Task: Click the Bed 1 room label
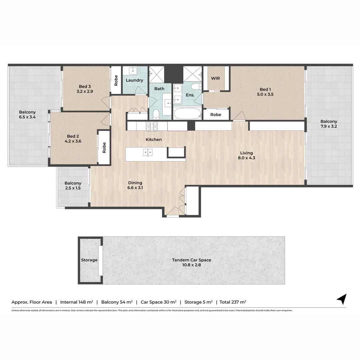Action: pos(265,89)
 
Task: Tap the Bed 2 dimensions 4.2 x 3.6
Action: pos(73,141)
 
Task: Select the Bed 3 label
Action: pos(85,86)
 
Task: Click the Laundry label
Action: pos(135,80)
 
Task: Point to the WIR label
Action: pos(215,78)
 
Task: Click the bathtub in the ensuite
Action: pos(188,113)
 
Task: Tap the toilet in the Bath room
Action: pos(156,114)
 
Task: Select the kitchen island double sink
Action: pos(148,152)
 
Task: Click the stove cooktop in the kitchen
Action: pos(152,126)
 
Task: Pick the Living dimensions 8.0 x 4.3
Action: pos(247,158)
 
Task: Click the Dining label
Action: pos(135,183)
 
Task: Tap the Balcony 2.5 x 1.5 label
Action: pos(73,186)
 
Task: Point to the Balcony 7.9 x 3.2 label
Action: pos(329,124)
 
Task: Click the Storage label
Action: pos(89,260)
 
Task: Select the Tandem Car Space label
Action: pos(192,260)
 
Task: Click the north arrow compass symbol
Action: pos(342,299)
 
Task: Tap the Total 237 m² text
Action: pos(233,302)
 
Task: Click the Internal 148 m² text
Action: pos(76,302)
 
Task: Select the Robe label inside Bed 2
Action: pos(104,148)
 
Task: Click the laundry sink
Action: pos(133,71)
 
